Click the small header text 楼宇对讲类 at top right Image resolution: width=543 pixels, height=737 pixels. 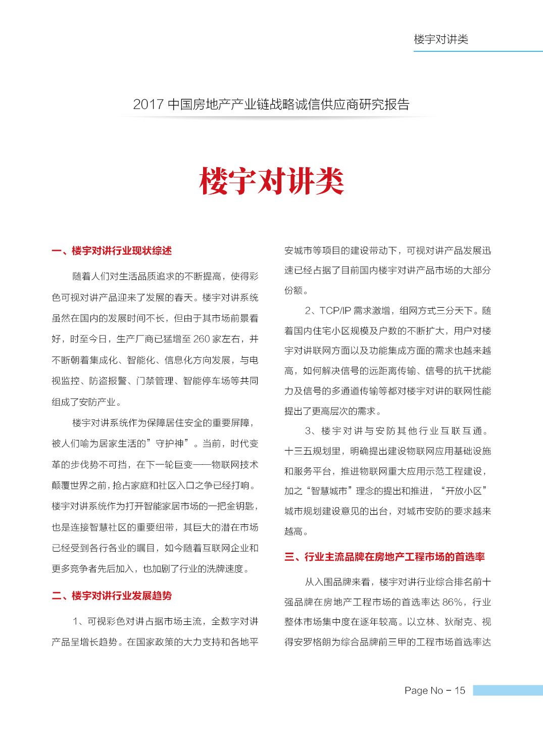441,39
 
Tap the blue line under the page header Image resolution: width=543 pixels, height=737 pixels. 477,51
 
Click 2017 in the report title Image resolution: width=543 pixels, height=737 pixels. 148,105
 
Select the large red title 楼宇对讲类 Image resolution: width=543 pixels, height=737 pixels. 272,181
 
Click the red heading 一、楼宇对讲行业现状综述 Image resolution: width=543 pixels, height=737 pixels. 112,251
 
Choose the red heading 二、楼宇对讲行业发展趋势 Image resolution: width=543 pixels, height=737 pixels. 112,596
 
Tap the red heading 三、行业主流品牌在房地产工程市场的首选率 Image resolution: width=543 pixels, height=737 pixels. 384,557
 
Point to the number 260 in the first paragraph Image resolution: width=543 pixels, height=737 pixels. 201,339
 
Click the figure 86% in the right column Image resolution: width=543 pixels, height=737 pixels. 452,602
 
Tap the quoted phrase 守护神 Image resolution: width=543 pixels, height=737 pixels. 169,444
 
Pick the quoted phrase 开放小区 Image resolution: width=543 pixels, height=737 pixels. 464,491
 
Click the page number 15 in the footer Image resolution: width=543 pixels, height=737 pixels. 460,691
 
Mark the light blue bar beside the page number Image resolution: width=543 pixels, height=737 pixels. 507,691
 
